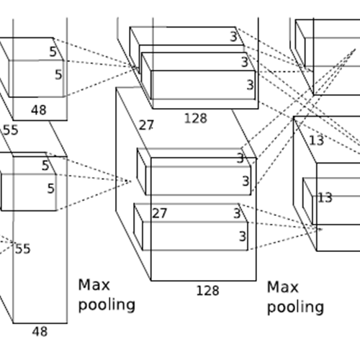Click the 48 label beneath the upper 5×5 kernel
coord(39,110)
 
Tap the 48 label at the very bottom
coord(40,332)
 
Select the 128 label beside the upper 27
coord(196,118)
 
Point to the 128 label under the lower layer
coord(208,291)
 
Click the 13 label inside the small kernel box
coord(325,197)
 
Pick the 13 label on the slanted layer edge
coord(317,140)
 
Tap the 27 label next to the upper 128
coord(146,125)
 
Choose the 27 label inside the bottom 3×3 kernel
coord(160,213)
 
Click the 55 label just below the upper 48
coord(11,130)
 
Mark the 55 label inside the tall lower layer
coord(23,248)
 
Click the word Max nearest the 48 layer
coord(94,285)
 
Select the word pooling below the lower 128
coord(296,307)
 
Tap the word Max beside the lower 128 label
coord(283,287)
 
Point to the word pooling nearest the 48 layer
coord(107,305)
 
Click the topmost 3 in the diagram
coord(233,37)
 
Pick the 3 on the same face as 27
coord(237,213)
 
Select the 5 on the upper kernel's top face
coord(53,52)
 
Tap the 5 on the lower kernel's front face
coord(51,189)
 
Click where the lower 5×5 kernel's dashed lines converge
coord(130,181)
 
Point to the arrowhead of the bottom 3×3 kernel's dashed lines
coord(320,229)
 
